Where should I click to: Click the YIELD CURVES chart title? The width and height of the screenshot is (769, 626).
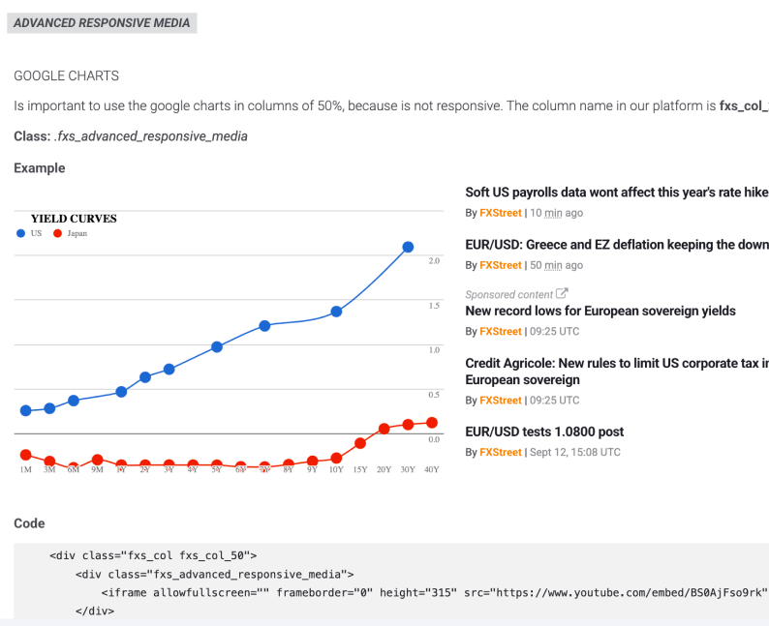[74, 219]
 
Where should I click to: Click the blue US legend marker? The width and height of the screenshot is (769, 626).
[20, 233]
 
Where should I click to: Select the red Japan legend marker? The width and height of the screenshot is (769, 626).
[57, 233]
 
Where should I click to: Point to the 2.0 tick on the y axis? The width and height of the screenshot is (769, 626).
[434, 261]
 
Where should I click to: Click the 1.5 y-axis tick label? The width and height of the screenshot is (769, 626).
[434, 306]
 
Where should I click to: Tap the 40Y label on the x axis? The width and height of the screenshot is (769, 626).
[431, 469]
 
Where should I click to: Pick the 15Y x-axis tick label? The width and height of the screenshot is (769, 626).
[359, 469]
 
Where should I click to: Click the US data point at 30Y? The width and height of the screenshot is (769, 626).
[408, 248]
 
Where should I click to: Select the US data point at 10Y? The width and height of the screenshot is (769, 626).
[336, 312]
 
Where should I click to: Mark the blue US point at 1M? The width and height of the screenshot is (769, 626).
[25, 411]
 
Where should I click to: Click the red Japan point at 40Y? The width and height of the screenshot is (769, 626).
[431, 423]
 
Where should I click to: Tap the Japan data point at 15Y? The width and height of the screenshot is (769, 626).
[359, 443]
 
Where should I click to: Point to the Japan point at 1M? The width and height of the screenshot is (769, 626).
[25, 455]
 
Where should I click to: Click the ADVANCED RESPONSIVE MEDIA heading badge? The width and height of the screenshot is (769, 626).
[102, 22]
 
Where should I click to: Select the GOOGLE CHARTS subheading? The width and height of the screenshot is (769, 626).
[66, 75]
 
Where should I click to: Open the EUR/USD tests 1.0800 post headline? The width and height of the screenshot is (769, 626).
[544, 432]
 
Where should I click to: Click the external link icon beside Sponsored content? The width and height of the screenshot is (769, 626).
[562, 294]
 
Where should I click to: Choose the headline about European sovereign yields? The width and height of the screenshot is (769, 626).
[600, 311]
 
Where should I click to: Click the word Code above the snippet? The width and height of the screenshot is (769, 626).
[29, 523]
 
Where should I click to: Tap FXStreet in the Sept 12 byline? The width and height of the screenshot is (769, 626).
[500, 452]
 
